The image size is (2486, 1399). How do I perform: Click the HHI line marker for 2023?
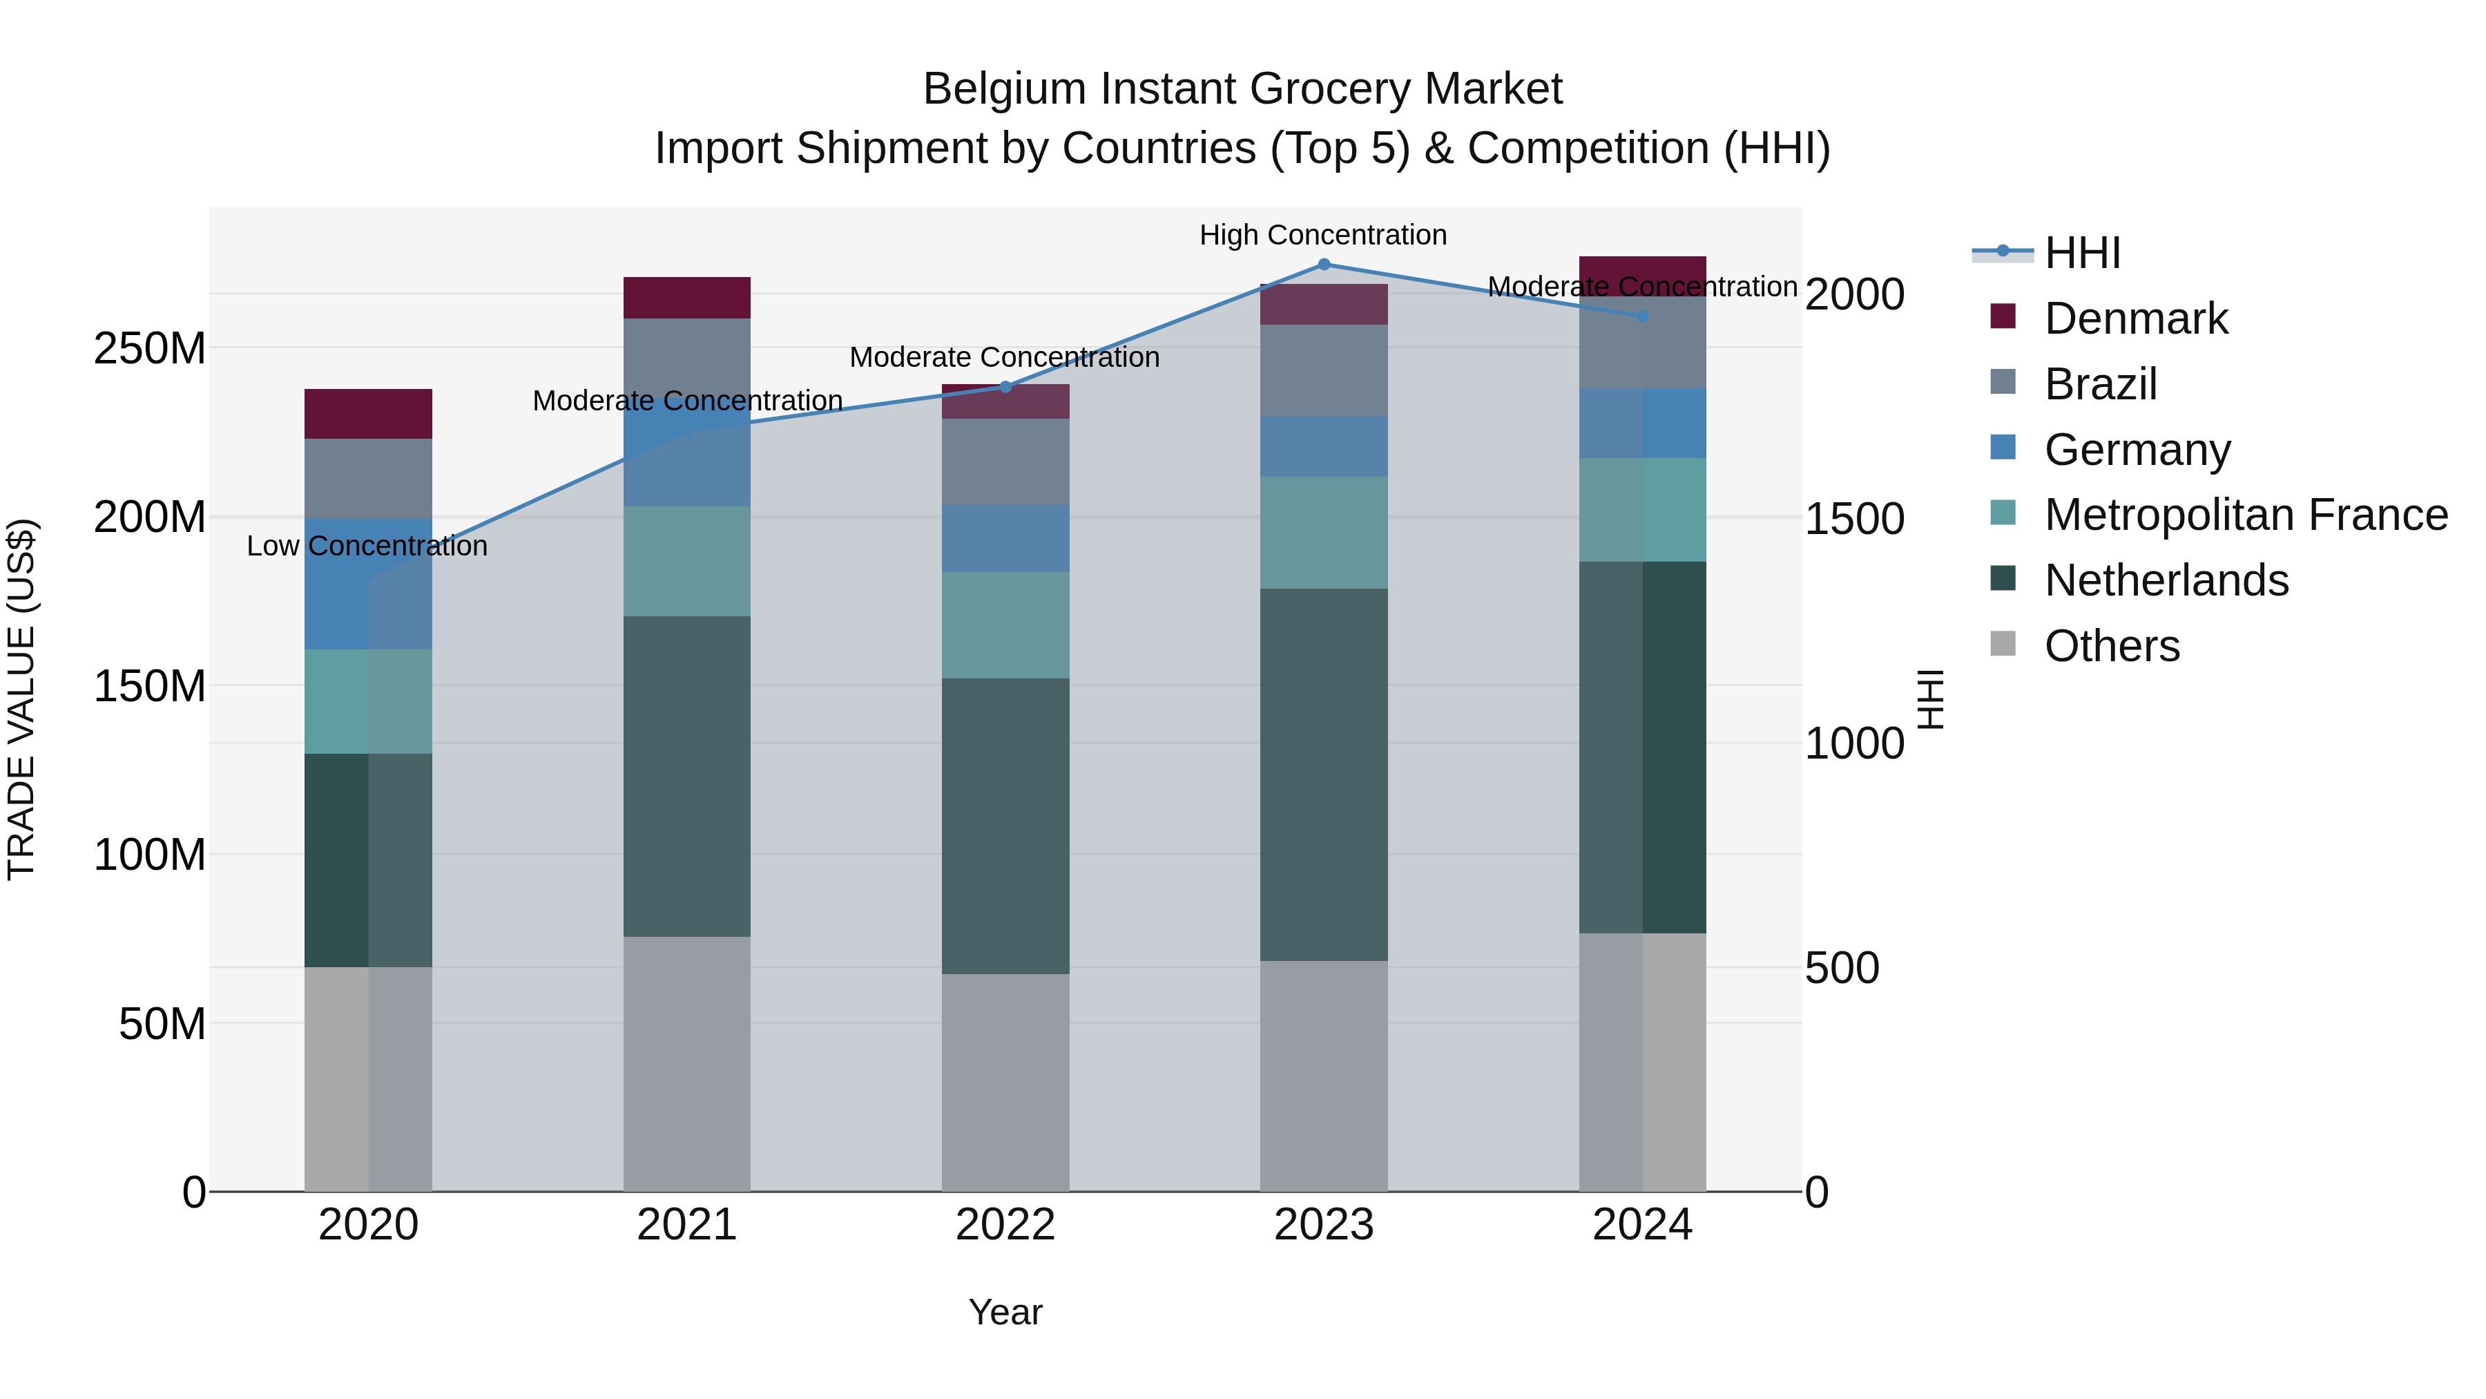tap(1324, 265)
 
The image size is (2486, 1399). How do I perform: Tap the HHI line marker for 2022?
tap(1005, 387)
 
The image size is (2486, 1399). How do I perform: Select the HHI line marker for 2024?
tap(1643, 316)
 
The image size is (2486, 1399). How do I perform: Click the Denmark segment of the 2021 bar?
tap(686, 297)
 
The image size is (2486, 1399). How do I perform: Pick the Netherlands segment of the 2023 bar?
tap(1324, 774)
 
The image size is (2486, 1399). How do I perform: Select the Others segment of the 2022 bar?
tap(1005, 1083)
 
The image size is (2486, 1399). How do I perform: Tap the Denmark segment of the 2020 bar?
tap(367, 415)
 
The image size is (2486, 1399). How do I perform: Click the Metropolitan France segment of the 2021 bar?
tap(686, 561)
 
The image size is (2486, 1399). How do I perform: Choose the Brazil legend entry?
tap(2100, 384)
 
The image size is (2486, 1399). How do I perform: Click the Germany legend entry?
tap(2137, 450)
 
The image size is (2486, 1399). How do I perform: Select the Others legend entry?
tap(2112, 646)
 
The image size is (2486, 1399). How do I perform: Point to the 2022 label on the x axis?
tap(1005, 1225)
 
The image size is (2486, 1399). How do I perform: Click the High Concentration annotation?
tap(1323, 236)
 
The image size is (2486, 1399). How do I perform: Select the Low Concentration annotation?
tap(367, 546)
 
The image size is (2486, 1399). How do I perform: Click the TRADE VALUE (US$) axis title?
tap(21, 699)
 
